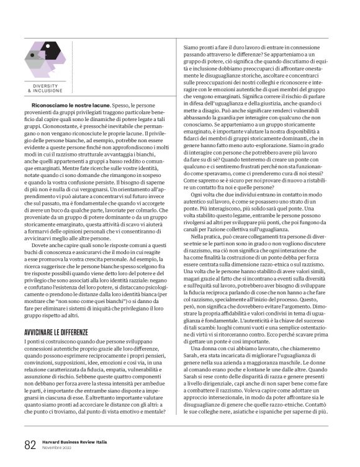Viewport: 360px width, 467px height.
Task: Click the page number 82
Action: tap(29, 444)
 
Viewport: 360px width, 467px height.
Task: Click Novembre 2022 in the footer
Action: tap(56, 447)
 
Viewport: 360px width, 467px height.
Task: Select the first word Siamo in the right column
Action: tap(189, 45)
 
